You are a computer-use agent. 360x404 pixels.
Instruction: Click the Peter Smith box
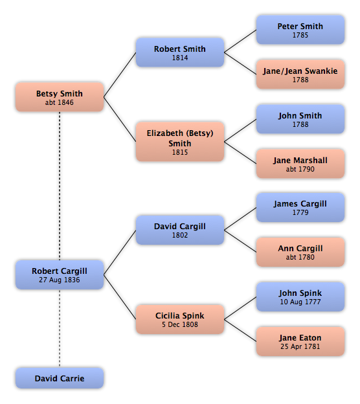pyautogui.click(x=300, y=30)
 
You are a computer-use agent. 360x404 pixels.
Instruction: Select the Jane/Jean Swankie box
pyautogui.click(x=300, y=74)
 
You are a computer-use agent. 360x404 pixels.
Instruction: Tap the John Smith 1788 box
pyautogui.click(x=300, y=119)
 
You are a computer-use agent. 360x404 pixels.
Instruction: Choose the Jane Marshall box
pyautogui.click(x=300, y=164)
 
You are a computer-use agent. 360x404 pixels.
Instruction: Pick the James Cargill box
pyautogui.click(x=300, y=207)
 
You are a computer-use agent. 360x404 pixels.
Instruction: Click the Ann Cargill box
pyautogui.click(x=300, y=252)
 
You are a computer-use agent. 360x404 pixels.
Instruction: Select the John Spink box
pyautogui.click(x=300, y=297)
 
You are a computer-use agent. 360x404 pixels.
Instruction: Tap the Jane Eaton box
pyautogui.click(x=300, y=341)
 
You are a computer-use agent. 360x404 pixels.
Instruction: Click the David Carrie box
pyautogui.click(x=60, y=378)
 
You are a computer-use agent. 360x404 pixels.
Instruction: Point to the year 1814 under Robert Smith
pyautogui.click(x=180, y=58)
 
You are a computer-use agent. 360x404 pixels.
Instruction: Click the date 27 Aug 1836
pyautogui.click(x=60, y=280)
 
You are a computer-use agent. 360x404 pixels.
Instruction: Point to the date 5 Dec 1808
pyautogui.click(x=180, y=324)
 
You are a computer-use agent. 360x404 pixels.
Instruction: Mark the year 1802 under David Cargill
pyautogui.click(x=180, y=235)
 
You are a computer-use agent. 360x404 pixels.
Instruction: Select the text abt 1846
pyautogui.click(x=60, y=102)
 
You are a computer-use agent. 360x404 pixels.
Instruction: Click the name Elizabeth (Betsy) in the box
pyautogui.click(x=180, y=133)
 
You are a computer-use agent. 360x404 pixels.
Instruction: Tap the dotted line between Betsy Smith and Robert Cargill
pyautogui.click(x=60, y=186)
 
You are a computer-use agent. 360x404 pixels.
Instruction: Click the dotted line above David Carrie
pyautogui.click(x=60, y=328)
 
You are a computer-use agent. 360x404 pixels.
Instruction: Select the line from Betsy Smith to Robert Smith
pyautogui.click(x=120, y=74)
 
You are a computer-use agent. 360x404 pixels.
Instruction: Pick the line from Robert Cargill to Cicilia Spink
pyautogui.click(x=120, y=297)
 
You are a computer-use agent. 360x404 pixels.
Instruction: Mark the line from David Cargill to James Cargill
pyautogui.click(x=240, y=219)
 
